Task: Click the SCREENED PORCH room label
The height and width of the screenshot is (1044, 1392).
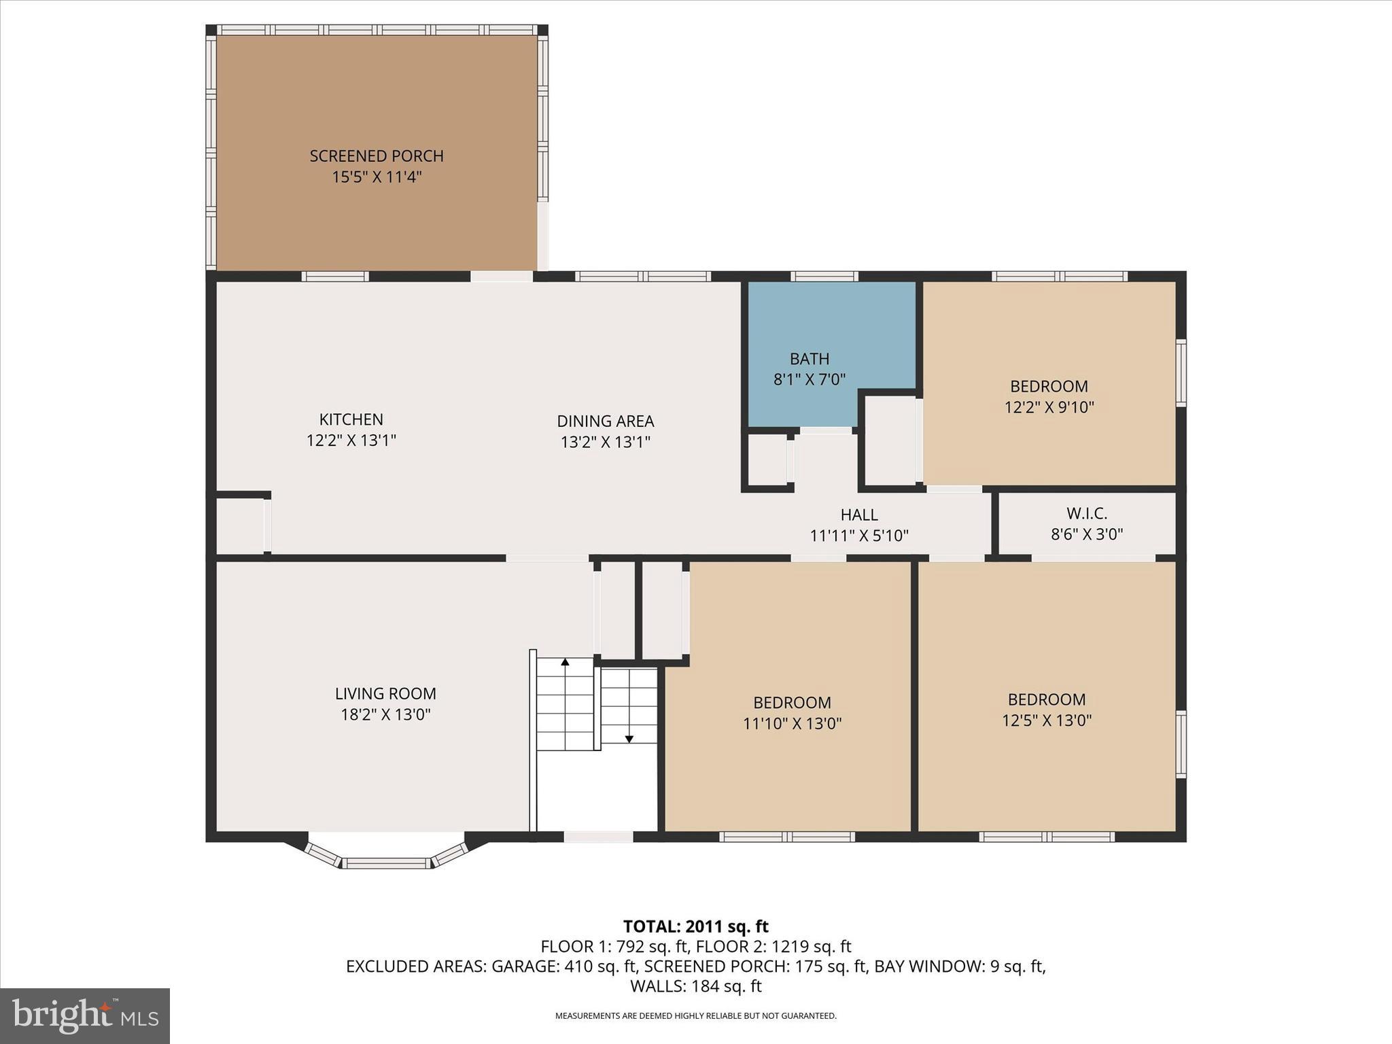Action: (x=377, y=156)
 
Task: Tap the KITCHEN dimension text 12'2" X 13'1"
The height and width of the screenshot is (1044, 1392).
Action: (x=351, y=440)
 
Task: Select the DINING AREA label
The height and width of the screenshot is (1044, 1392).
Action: (x=605, y=421)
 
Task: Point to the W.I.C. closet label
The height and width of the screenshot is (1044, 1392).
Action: (x=1086, y=514)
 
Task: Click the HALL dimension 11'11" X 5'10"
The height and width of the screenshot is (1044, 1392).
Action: (x=858, y=536)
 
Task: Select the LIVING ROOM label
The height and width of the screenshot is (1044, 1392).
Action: (x=385, y=694)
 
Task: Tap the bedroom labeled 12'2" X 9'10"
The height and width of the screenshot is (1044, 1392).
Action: (x=1049, y=396)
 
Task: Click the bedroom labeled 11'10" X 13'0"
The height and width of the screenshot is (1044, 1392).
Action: (x=792, y=712)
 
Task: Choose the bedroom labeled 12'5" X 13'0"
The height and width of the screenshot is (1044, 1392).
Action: (x=1046, y=710)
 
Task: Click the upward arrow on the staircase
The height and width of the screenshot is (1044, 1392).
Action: (x=565, y=662)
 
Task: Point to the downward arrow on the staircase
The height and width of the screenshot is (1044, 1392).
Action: (x=629, y=738)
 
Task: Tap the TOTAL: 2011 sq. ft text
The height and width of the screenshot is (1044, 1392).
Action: (x=695, y=926)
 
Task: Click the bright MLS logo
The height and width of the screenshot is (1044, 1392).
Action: (x=85, y=1015)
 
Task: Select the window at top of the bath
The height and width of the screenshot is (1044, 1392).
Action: (x=824, y=276)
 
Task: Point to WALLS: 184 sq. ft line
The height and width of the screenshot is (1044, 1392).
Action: (x=695, y=986)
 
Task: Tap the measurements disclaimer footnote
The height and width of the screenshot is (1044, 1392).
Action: (x=695, y=1016)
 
